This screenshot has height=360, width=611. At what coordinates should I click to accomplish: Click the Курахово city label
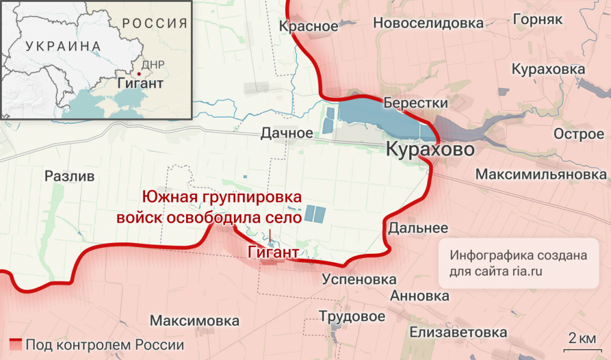(431, 150)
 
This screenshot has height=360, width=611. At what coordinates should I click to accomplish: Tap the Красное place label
(309, 26)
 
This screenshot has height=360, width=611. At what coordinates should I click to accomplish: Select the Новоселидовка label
(428, 23)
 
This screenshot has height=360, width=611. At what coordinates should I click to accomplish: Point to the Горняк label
(538, 19)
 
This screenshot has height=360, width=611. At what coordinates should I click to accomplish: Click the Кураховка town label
(548, 70)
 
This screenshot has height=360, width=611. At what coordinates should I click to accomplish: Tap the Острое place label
(579, 134)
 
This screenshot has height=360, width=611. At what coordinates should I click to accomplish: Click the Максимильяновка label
(541, 175)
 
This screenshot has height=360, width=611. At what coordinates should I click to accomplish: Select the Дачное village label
(286, 133)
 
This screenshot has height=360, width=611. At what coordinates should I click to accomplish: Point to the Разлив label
(70, 176)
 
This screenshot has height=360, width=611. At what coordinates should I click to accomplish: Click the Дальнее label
(418, 228)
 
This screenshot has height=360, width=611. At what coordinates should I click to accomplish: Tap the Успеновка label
(359, 279)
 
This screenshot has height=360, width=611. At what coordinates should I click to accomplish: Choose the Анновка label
(420, 296)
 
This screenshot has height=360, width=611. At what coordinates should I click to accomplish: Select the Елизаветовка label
(459, 332)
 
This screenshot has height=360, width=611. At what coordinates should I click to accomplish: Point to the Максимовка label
(194, 321)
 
